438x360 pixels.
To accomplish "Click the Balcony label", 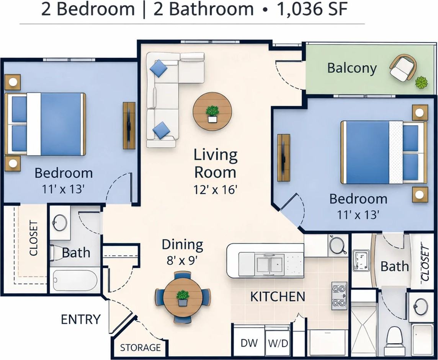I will [352, 68].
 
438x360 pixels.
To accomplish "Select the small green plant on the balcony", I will [422, 82].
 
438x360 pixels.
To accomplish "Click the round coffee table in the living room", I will [212, 112].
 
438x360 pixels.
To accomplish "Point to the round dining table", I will [183, 297].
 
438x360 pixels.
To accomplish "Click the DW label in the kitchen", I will [249, 343].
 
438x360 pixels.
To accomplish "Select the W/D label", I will [278, 343].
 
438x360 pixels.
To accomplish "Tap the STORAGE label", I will [140, 347].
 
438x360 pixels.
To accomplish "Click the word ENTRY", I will [81, 319].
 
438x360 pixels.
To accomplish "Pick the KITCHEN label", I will [278, 296].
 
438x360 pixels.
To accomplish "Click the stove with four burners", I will [339, 296].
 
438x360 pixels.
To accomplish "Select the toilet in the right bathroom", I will [395, 337].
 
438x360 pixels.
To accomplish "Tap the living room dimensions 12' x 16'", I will [216, 189].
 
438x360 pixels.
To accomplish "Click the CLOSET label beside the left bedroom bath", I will [34, 238].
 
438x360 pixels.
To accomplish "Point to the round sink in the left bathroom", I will [60, 223].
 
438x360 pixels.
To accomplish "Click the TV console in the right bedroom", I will [283, 158].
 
